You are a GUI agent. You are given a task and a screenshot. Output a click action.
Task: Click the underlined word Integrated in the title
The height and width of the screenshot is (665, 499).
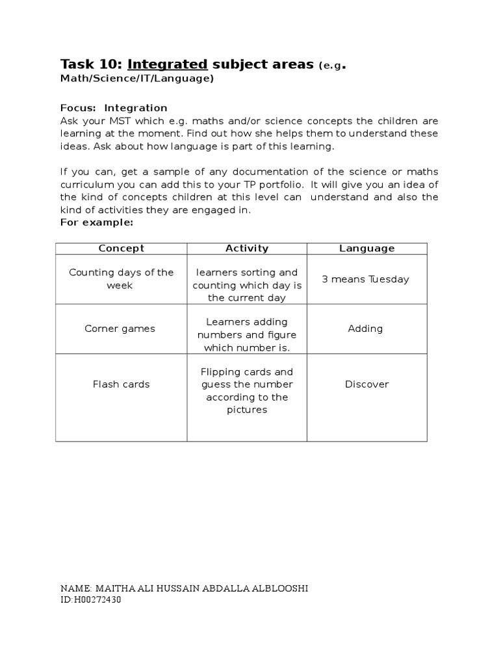pyautogui.click(x=168, y=64)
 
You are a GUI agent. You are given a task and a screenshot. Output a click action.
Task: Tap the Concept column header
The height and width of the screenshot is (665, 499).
pyautogui.click(x=121, y=248)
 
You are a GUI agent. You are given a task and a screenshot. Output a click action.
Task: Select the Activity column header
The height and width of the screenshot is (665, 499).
pyautogui.click(x=247, y=248)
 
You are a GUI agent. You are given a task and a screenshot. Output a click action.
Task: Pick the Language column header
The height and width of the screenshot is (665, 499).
pyautogui.click(x=366, y=248)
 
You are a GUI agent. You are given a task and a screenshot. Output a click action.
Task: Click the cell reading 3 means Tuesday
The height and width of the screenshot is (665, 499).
pyautogui.click(x=366, y=279)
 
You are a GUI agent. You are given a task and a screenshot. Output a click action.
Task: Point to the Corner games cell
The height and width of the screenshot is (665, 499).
pyautogui.click(x=120, y=329)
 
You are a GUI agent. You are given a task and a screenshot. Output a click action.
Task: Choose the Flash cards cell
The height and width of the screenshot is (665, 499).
pyautogui.click(x=121, y=384)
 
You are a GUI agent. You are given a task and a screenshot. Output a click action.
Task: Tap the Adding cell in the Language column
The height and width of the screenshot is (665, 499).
pyautogui.click(x=365, y=329)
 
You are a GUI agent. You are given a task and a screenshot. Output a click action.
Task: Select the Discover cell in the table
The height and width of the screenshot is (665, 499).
pyautogui.click(x=366, y=384)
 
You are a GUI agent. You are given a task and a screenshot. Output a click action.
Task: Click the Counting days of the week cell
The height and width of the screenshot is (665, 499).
pyautogui.click(x=122, y=279)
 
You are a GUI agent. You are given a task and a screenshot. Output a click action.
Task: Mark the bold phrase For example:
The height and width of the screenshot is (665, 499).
pyautogui.click(x=97, y=222)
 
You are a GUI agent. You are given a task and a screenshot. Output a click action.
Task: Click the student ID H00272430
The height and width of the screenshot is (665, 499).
pyautogui.click(x=96, y=600)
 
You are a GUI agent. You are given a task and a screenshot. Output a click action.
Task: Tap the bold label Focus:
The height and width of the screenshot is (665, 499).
pyautogui.click(x=78, y=108)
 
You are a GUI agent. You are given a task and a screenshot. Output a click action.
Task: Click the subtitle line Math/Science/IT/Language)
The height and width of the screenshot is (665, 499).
pyautogui.click(x=137, y=79)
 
